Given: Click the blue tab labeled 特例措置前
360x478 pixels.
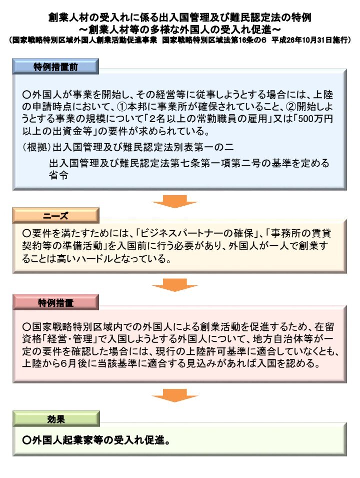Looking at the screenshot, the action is (x=55, y=67).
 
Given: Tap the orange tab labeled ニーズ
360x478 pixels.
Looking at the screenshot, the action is (x=55, y=216).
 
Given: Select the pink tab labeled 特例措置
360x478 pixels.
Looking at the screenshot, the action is (x=55, y=302).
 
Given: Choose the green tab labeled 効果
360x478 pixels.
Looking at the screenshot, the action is (x=56, y=419).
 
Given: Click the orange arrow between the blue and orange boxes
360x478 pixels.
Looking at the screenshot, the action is (x=175, y=202).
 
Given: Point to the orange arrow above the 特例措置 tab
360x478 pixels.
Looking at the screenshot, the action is (x=175, y=285).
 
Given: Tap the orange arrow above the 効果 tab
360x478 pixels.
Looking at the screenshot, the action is (x=175, y=395).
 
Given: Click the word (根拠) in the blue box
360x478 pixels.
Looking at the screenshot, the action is (x=37, y=147).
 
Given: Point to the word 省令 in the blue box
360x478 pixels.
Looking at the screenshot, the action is (x=58, y=175).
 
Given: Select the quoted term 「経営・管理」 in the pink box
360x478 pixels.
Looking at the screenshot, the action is (x=71, y=339).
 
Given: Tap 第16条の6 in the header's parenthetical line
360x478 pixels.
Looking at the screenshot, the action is (x=251, y=40).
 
